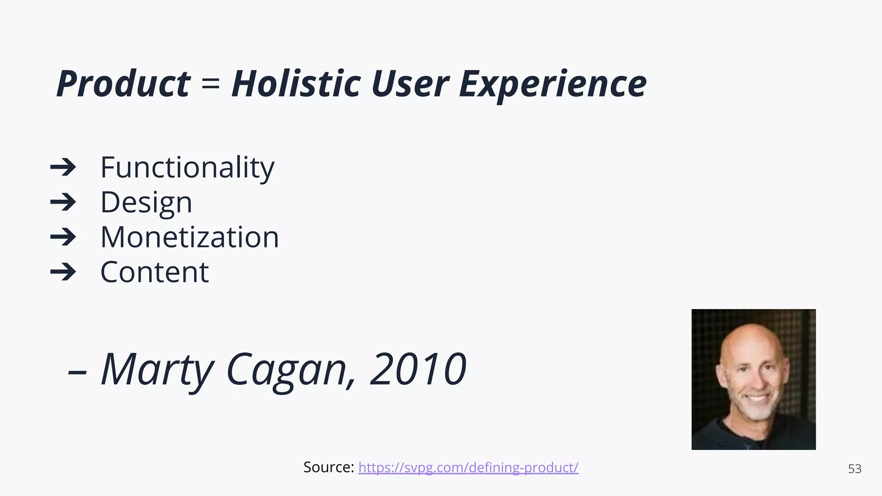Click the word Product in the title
point(123,84)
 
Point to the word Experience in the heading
point(553,84)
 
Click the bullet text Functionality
point(187,167)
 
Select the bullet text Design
point(146,202)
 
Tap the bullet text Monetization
point(189,237)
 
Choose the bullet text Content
point(155,272)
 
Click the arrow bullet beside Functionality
point(63,167)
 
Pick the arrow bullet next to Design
point(63,202)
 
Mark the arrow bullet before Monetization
point(63,237)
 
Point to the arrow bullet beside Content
point(63,272)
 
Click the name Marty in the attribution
point(157,369)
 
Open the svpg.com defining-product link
point(468,468)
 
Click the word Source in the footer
point(329,468)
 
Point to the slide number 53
point(854,469)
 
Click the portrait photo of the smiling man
point(754,379)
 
